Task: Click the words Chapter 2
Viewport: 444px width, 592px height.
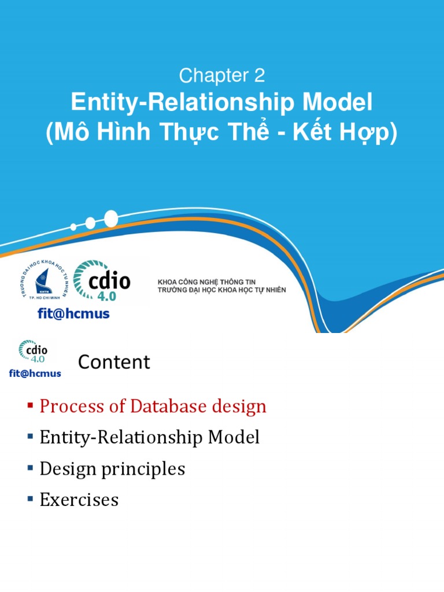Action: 221,75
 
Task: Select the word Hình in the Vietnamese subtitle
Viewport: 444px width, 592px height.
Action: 127,133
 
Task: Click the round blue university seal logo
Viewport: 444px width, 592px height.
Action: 43,282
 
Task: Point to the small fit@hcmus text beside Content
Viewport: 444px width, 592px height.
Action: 35,373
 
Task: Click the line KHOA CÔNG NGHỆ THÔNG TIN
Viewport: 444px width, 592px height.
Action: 206,282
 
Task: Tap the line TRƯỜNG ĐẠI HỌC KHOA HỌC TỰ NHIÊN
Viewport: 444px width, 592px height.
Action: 222,290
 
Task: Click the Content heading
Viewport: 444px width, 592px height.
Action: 114,362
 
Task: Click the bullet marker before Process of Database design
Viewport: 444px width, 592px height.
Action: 31,406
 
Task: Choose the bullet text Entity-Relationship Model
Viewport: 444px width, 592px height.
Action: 149,438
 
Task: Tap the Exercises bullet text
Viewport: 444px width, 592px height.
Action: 79,499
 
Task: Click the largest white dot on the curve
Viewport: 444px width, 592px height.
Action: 110,219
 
